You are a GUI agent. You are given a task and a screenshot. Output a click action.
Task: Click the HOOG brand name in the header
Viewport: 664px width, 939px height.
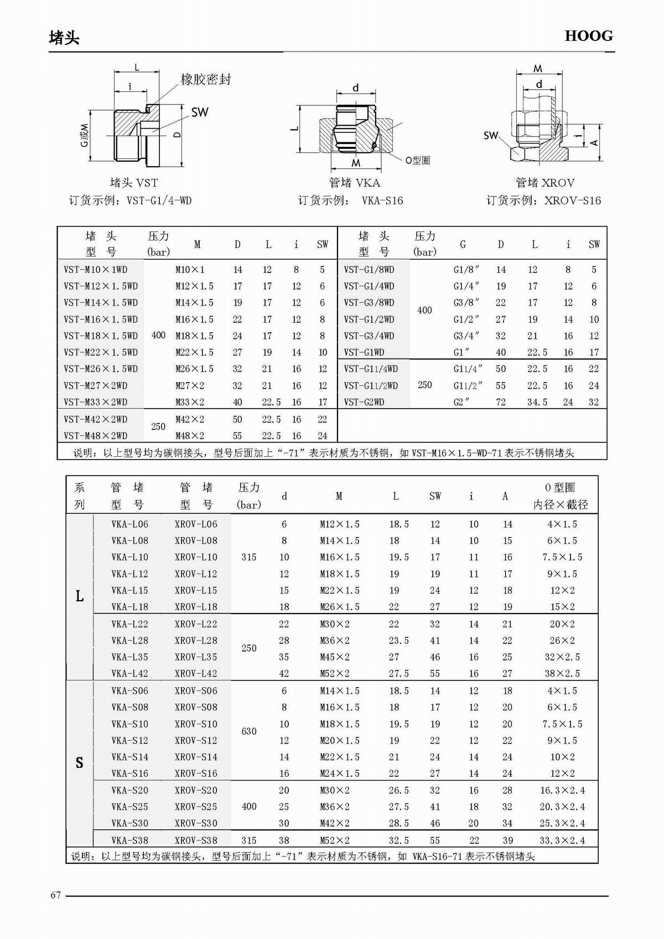(x=588, y=36)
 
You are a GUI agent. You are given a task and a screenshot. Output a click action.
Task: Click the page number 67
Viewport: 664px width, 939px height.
(x=55, y=895)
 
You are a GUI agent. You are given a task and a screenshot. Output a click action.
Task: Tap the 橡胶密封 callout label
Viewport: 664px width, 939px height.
(x=205, y=80)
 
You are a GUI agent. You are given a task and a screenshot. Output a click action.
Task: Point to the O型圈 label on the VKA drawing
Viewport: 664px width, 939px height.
(x=417, y=160)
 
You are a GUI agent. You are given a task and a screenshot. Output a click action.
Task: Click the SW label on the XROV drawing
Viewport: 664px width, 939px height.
(x=490, y=135)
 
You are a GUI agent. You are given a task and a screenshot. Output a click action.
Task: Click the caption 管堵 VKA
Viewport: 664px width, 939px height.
(x=354, y=183)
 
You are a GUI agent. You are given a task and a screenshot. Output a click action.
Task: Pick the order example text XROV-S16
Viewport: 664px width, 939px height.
(x=572, y=200)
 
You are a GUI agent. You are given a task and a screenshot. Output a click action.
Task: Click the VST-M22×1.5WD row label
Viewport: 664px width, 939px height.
(x=101, y=352)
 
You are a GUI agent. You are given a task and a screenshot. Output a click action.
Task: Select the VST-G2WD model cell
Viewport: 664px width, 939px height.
(x=364, y=402)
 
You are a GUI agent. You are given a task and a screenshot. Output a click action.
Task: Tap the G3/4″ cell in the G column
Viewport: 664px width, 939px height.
(x=466, y=336)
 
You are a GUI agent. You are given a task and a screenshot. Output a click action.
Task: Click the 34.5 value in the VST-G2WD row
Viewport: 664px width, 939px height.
(x=537, y=402)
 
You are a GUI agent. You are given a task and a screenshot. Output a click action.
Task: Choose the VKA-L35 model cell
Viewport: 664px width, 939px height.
(x=129, y=657)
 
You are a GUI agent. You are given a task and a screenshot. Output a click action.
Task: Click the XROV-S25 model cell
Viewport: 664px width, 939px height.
(x=196, y=807)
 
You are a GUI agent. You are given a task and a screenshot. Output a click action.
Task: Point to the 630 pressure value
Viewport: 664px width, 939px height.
(x=249, y=731)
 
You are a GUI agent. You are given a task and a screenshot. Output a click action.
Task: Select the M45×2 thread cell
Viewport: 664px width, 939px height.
(x=335, y=657)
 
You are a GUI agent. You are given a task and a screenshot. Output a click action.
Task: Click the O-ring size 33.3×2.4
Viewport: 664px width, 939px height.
(x=562, y=840)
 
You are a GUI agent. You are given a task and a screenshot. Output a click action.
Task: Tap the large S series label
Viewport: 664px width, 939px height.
(x=79, y=763)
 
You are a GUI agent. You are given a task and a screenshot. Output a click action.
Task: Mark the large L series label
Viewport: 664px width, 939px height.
(x=79, y=596)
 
